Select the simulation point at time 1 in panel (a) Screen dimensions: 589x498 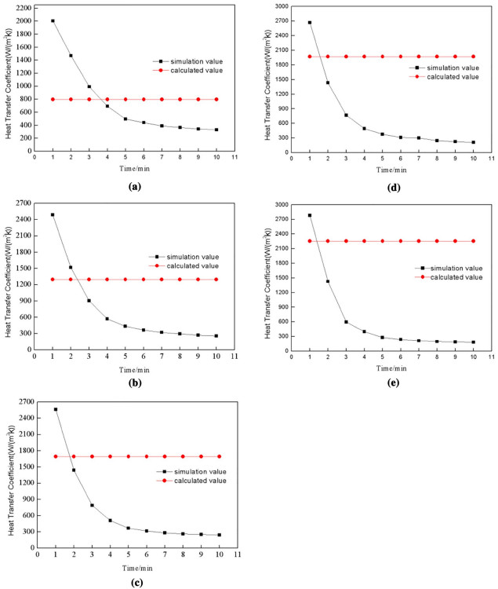point(53,21)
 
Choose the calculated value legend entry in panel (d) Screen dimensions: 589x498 point(446,76)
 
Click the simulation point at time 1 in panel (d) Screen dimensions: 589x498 point(310,23)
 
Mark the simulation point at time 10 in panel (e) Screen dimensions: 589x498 point(474,342)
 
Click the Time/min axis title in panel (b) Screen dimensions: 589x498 point(124,368)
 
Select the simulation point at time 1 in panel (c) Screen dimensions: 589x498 point(56,409)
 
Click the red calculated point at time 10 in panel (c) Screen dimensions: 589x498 point(220,456)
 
